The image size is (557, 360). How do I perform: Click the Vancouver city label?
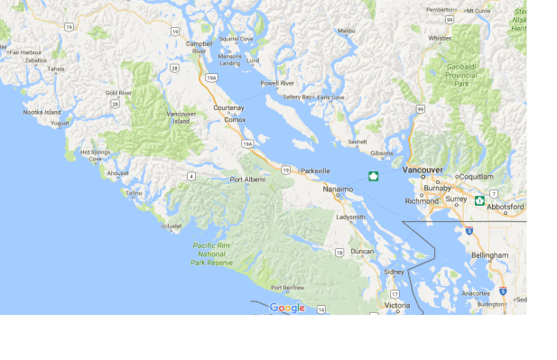click(x=422, y=170)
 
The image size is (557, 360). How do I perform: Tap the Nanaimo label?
click(x=339, y=189)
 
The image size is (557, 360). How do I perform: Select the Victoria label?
click(x=397, y=306)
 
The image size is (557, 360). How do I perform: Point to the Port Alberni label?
click(x=248, y=180)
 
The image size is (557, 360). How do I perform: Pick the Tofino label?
click(x=134, y=192)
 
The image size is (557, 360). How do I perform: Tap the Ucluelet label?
click(x=172, y=226)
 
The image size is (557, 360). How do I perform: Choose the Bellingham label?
click(x=489, y=255)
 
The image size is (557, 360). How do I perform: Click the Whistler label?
click(x=440, y=39)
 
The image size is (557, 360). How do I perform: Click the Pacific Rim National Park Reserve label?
click(x=213, y=254)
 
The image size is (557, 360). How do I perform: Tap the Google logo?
click(x=287, y=308)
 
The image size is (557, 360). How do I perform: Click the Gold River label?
click(x=118, y=93)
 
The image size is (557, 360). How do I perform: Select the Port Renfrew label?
click(x=287, y=288)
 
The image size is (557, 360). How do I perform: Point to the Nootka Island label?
click(x=42, y=112)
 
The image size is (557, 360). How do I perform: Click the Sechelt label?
click(x=357, y=142)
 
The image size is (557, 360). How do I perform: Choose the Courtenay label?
click(x=228, y=107)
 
